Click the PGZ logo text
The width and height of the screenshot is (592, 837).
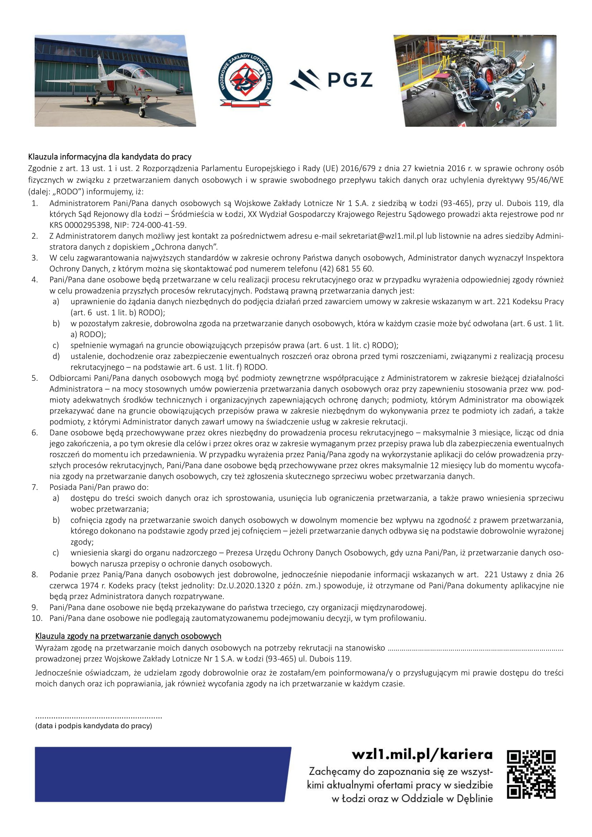click(349, 80)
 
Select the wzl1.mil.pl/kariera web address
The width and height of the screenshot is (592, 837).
click(422, 754)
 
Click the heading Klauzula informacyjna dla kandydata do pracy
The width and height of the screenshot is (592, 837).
click(110, 157)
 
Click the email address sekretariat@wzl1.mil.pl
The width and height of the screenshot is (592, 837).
click(381, 236)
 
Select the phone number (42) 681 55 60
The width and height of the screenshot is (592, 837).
click(346, 269)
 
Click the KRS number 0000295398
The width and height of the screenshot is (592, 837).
click(87, 225)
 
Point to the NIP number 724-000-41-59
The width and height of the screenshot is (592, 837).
click(159, 225)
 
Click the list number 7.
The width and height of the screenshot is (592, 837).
click(35, 487)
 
